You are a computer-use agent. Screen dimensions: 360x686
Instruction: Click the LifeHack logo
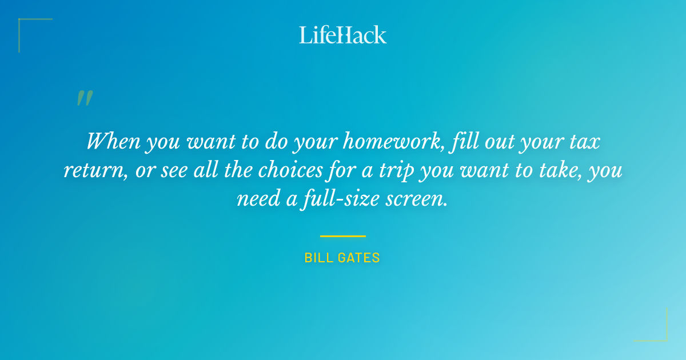tap(343, 34)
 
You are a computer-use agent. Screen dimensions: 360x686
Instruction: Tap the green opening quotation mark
tap(85, 98)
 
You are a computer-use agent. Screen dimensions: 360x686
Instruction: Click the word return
tap(94, 171)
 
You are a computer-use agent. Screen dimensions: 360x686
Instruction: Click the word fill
tap(461, 141)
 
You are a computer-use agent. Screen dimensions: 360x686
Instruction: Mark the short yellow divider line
tap(343, 236)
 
